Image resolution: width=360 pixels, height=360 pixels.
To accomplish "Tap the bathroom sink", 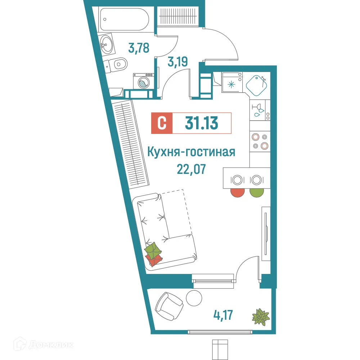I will [x=105, y=45].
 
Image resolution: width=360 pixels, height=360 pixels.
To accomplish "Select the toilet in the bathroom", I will [x=118, y=65].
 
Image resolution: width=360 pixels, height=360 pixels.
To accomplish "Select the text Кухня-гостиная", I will [x=192, y=152].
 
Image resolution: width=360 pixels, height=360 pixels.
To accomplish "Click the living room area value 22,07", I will [x=191, y=168].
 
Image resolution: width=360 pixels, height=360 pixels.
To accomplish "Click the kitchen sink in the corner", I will [x=257, y=84].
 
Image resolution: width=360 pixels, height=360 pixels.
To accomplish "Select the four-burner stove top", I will [x=260, y=141].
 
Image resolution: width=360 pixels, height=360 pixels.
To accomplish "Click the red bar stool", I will [x=237, y=192].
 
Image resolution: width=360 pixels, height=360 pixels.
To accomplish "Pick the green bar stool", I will [x=256, y=192].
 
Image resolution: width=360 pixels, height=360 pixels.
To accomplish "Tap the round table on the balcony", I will [x=194, y=298].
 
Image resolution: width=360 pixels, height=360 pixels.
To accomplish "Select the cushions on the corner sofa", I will [x=154, y=254].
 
